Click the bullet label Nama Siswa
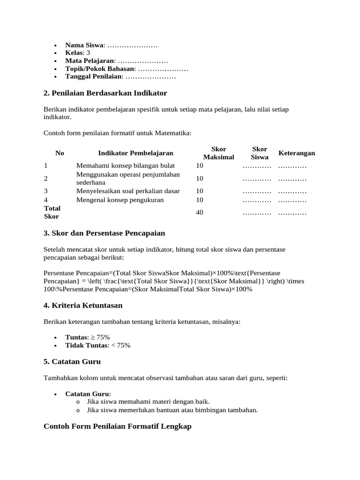tap(85, 45)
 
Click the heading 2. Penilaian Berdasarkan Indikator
tap(105, 93)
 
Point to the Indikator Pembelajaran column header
tap(135, 153)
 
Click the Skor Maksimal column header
tap(218, 153)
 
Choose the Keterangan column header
tap(296, 153)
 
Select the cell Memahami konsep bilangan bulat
tap(125, 165)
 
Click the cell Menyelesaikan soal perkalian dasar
tap(128, 191)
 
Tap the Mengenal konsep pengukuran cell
tap(120, 200)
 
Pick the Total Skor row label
tap(52, 212)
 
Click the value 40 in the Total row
tap(200, 212)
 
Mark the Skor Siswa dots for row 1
tap(257, 166)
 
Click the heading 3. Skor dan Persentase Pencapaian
tap(104, 233)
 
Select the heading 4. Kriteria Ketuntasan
tap(83, 305)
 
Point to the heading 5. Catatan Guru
tap(72, 361)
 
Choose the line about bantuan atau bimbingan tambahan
tap(172, 410)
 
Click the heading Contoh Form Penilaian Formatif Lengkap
tap(117, 427)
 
